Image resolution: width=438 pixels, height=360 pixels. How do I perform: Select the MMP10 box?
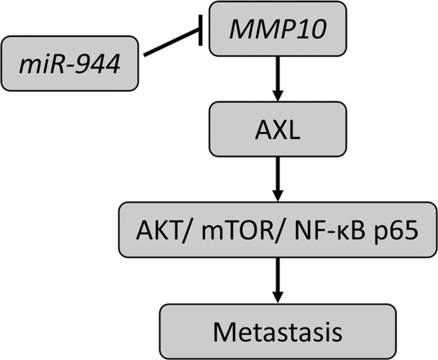pos(277,29)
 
